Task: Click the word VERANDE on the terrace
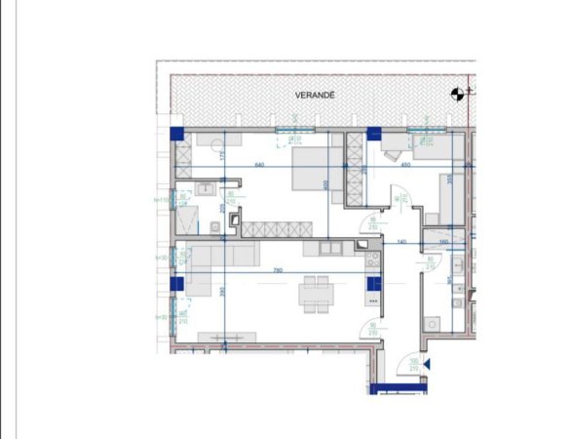click(x=316, y=96)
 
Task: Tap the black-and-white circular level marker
click(x=455, y=95)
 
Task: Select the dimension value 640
click(x=260, y=165)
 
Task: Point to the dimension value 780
click(x=278, y=269)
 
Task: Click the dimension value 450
click(x=406, y=165)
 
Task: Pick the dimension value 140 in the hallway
click(x=400, y=241)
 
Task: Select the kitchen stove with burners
click(x=371, y=259)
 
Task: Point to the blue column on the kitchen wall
click(x=372, y=283)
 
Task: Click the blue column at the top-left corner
click(x=177, y=134)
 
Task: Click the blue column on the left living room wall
click(x=177, y=283)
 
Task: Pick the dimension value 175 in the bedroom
click(x=222, y=156)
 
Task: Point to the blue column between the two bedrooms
click(x=372, y=134)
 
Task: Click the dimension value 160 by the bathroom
click(x=443, y=241)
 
